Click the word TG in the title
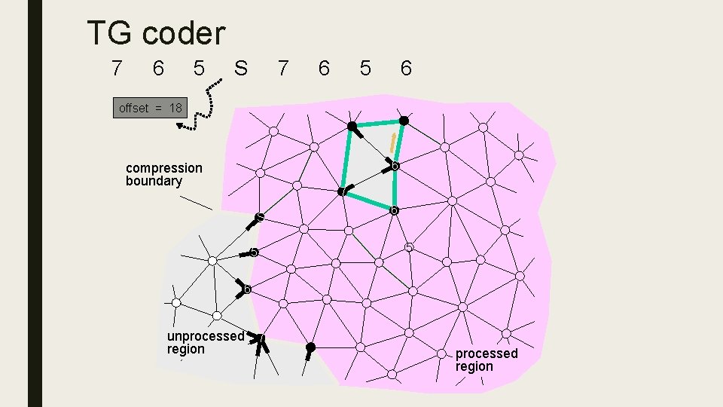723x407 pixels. click(111, 33)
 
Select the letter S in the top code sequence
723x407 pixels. click(240, 69)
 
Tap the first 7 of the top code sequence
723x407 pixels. click(116, 69)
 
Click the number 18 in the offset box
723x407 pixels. click(175, 108)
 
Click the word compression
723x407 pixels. click(164, 168)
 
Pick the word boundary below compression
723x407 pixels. click(154, 181)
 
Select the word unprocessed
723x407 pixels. click(206, 336)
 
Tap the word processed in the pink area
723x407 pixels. click(487, 353)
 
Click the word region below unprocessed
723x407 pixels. click(185, 349)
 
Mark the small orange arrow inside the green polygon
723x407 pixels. click(392, 140)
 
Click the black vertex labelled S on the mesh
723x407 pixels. click(259, 219)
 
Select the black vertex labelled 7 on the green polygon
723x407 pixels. click(343, 191)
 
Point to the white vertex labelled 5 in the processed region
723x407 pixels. click(408, 247)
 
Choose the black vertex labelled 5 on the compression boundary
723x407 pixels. click(255, 252)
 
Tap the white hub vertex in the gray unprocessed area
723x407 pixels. click(212, 260)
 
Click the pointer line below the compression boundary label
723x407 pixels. click(195, 202)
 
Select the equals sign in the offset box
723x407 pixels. click(158, 108)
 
